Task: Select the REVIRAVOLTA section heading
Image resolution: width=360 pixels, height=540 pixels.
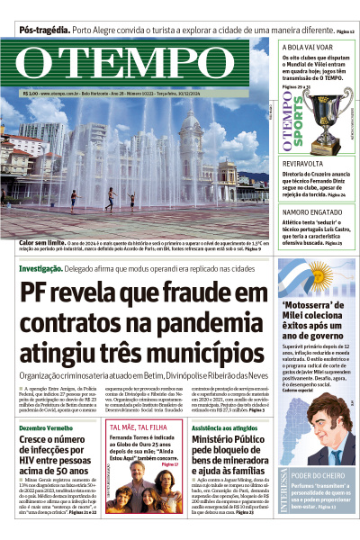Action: pos(303,163)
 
